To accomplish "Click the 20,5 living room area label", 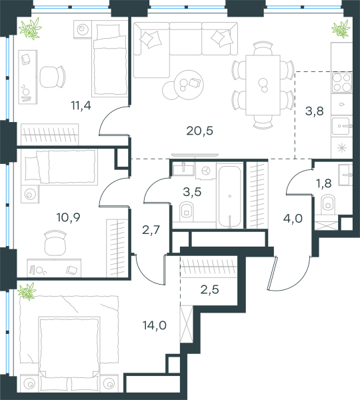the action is coord(199,131).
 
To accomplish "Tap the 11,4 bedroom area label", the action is coord(81,105).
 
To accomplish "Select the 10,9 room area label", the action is coord(69,217).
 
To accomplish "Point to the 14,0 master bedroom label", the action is coord(155,325).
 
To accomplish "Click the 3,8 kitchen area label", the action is coord(315,111).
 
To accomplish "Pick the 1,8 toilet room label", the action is coord(324,183).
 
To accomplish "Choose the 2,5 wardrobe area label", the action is coord(210,290).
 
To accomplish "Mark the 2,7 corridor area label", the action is coord(151,230).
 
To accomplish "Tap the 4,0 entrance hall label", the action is coord(293,219).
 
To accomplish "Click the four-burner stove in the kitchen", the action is coord(342,83).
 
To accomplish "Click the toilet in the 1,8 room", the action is coord(328,204).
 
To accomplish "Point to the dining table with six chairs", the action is coord(263,85).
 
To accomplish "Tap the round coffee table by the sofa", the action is coord(189,85).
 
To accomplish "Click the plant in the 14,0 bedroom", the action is coord(27,291).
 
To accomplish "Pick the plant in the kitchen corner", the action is coord(341,29).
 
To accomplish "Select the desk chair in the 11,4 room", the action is coord(53,77).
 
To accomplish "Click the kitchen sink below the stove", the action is coord(341,126).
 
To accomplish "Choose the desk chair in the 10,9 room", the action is coord(55,244).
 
